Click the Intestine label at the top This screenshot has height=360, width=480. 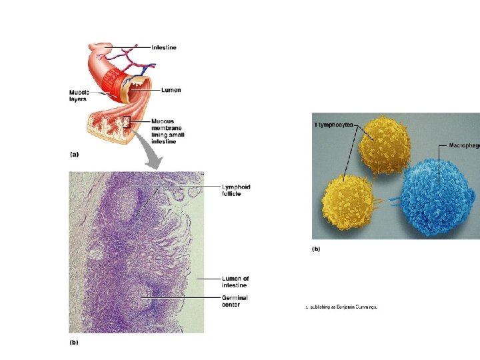tap(164, 47)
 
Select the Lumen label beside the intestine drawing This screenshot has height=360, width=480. tap(170, 90)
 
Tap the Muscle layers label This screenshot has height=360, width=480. tap(79, 95)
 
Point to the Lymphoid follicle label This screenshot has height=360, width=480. tap(236, 190)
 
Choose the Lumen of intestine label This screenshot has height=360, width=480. tap(235, 281)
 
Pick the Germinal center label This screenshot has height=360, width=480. tap(235, 301)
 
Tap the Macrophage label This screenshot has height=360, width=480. tap(464, 145)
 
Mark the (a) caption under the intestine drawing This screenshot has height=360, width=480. tap(74, 154)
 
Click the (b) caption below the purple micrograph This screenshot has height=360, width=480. tap(74, 342)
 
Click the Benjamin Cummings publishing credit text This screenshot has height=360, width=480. tap(341, 307)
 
